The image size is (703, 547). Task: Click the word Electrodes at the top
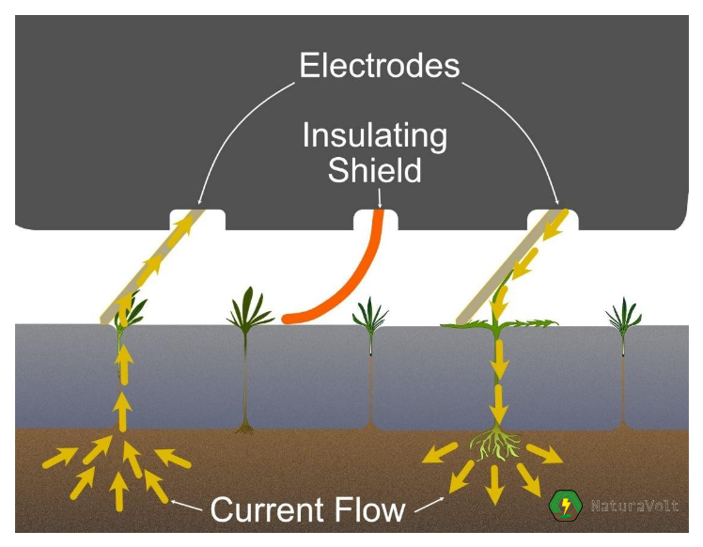(x=379, y=66)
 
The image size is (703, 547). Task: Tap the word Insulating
(x=374, y=135)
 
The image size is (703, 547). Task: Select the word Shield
(x=374, y=171)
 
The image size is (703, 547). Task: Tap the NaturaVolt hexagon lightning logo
(x=566, y=507)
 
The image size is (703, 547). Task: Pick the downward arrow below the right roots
(x=493, y=482)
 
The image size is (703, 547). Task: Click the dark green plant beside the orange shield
(x=246, y=306)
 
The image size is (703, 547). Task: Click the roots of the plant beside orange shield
(x=246, y=426)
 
